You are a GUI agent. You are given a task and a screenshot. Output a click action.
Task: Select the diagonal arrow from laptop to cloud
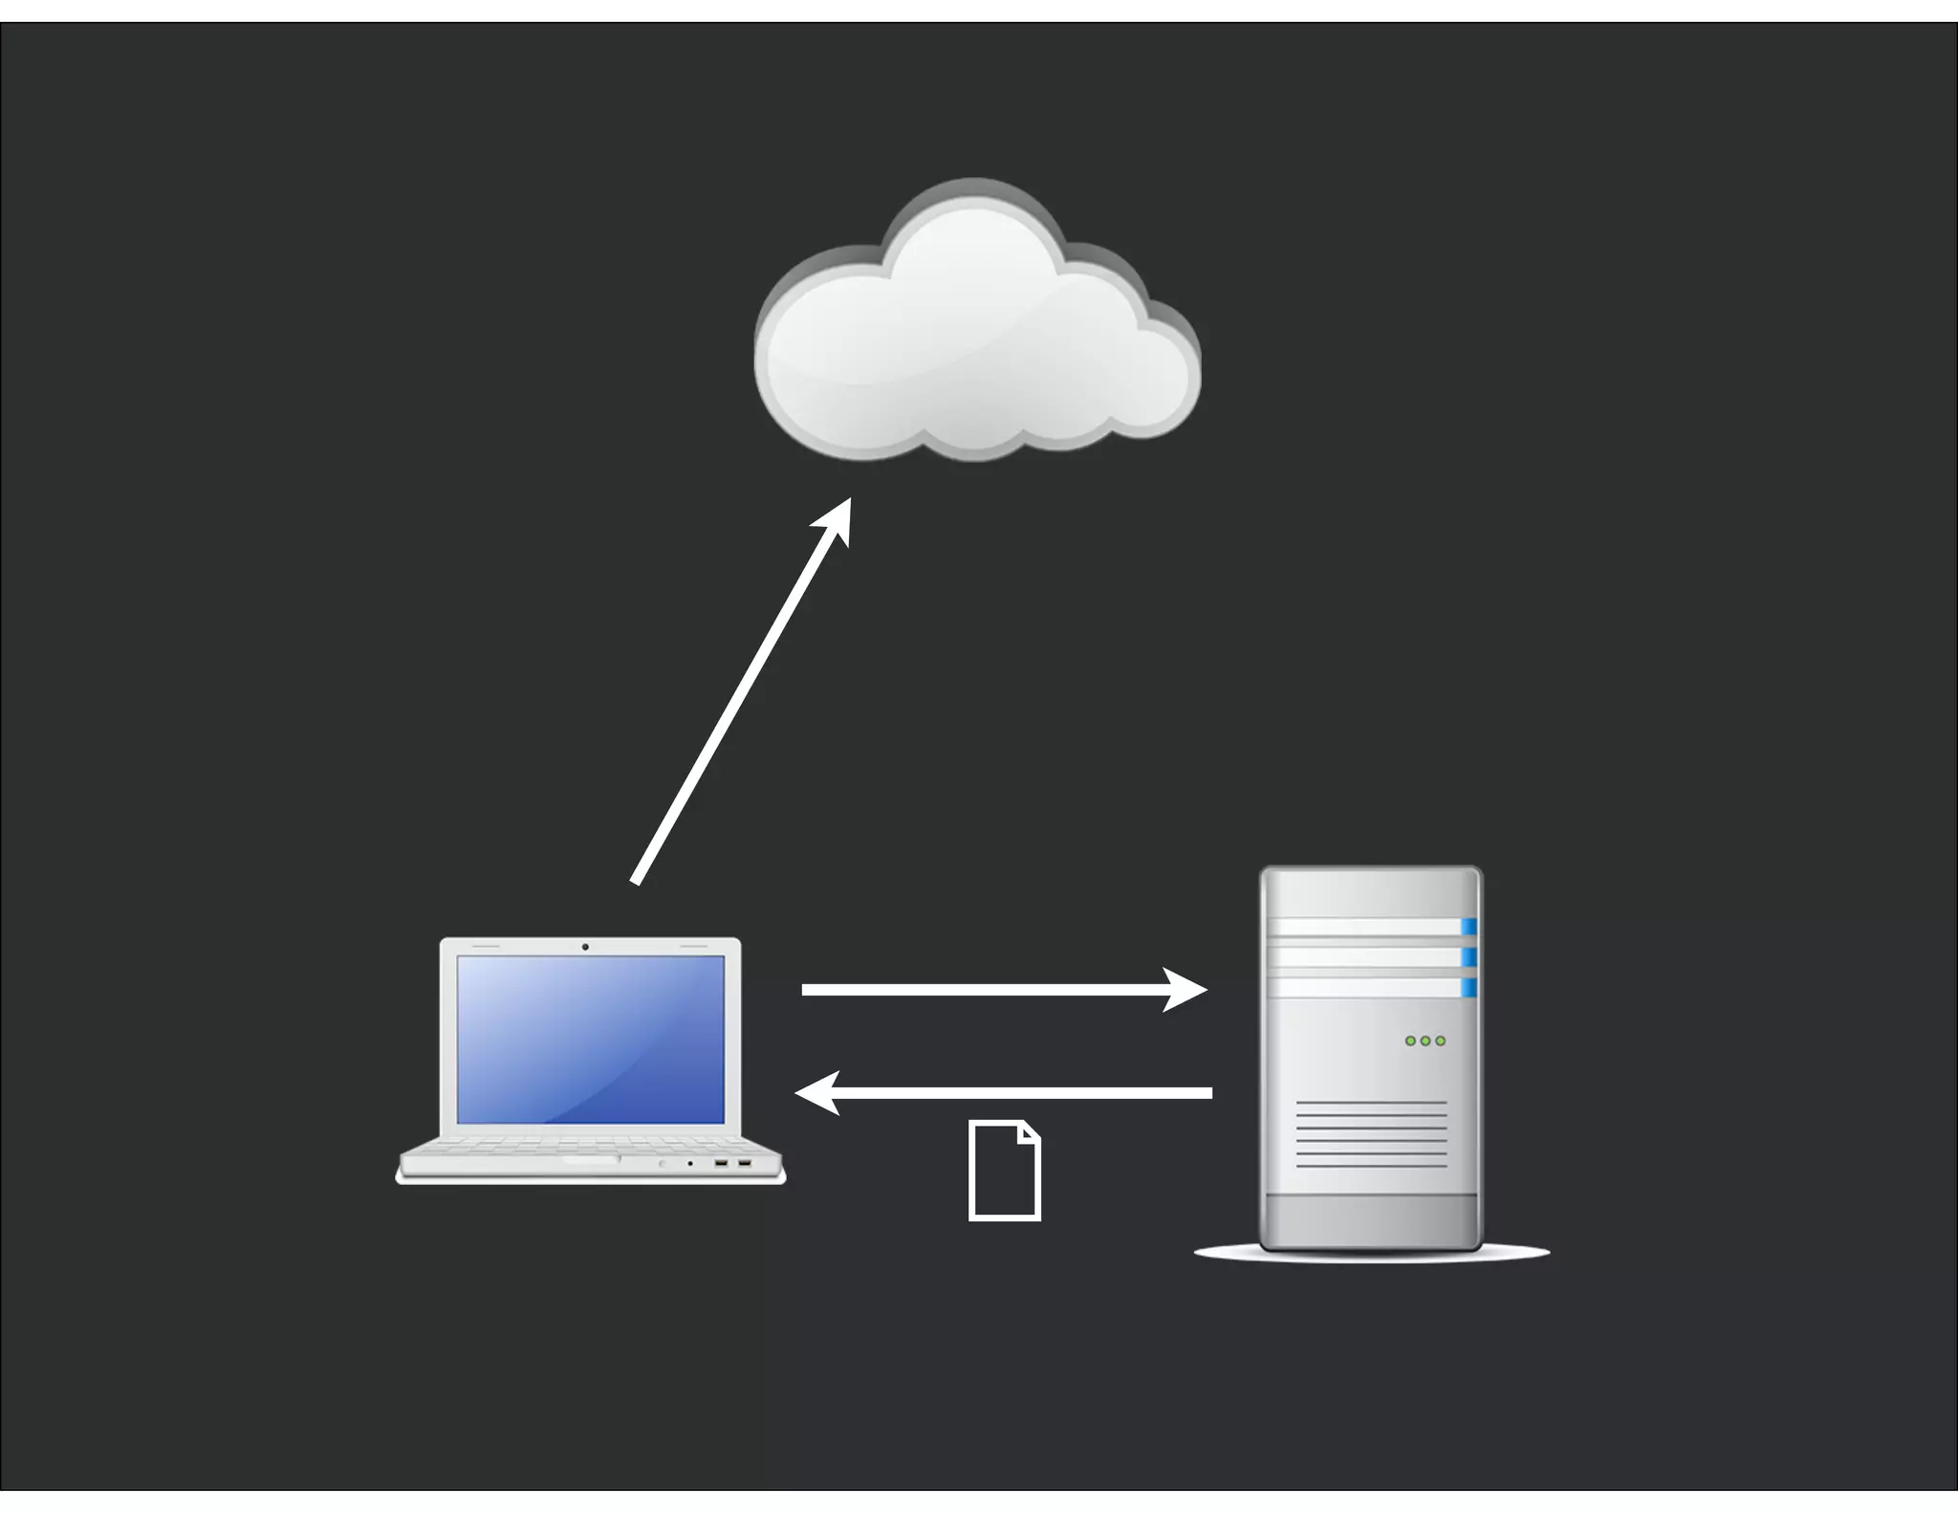(x=736, y=698)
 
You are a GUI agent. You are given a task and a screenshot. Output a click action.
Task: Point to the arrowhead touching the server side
(x=1186, y=990)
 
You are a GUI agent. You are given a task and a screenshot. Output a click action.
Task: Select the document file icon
(x=1004, y=1171)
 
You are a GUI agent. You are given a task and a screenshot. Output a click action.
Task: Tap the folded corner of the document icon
(x=1029, y=1132)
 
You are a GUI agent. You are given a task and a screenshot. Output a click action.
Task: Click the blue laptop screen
(x=590, y=1039)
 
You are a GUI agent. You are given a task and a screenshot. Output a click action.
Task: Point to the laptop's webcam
(x=585, y=947)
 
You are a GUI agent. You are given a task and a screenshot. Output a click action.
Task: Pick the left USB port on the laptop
(x=721, y=1163)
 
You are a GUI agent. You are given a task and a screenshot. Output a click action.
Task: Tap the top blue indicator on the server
(x=1468, y=926)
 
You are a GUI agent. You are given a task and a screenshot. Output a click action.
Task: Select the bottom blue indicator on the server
(x=1468, y=987)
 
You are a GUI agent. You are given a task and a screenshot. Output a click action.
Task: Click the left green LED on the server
(x=1410, y=1041)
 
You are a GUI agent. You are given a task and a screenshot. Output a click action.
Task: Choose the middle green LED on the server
(x=1425, y=1041)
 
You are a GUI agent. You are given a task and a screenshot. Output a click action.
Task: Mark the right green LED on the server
(x=1441, y=1041)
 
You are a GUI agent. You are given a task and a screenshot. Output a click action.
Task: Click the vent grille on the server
(x=1371, y=1134)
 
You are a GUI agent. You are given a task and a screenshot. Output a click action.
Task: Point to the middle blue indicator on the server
(x=1468, y=956)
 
